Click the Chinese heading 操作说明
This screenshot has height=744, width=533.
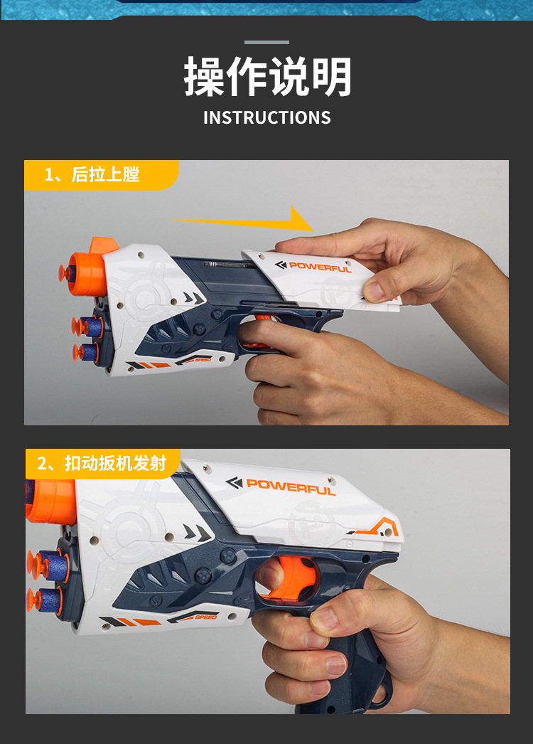point(267,76)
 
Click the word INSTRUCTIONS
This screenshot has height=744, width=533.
point(267,117)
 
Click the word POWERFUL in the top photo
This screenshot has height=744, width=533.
point(320,267)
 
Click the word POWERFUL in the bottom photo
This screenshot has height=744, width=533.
point(290,487)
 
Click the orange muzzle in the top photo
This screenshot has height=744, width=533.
point(87,274)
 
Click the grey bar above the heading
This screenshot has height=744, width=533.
point(266,42)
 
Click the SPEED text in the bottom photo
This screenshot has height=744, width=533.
point(206,617)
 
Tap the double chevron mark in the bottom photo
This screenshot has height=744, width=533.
point(197,533)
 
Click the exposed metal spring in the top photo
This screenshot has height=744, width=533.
point(226,264)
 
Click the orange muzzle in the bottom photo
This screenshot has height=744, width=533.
point(50,501)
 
